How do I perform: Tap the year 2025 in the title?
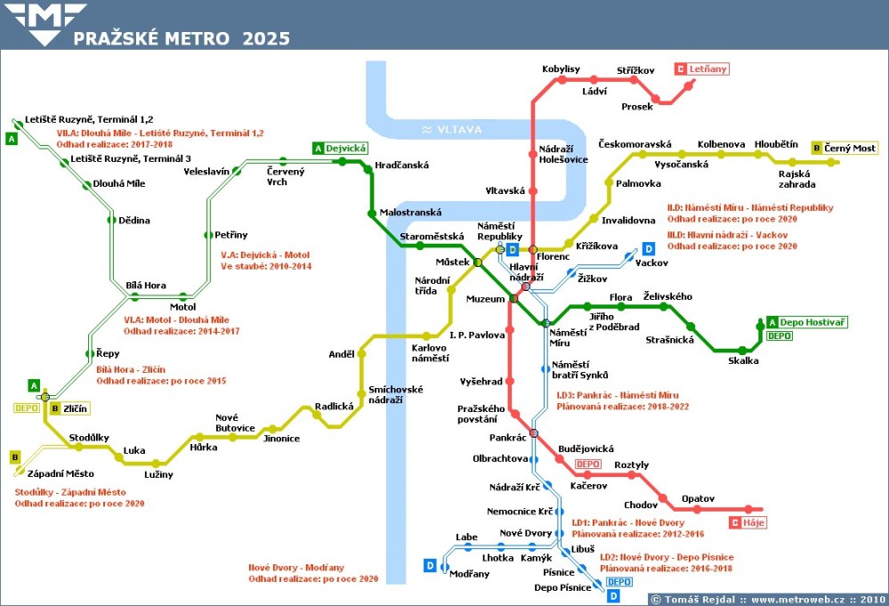264,38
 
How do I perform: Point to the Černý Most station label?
851,148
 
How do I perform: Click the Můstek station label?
452,263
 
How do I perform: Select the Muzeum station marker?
513,299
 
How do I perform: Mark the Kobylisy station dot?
561,80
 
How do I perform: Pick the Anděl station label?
342,354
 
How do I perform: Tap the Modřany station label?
470,574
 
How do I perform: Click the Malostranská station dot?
373,214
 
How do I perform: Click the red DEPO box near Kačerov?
587,465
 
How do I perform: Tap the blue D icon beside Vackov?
649,248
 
